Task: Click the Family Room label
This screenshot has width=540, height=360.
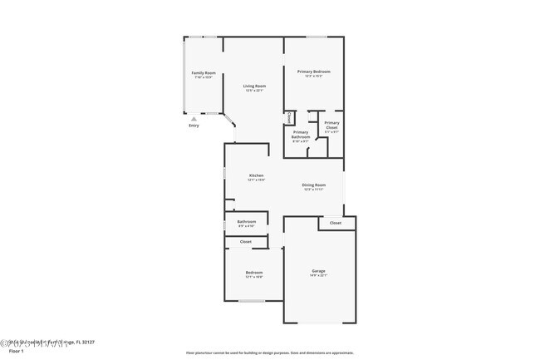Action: point(204,73)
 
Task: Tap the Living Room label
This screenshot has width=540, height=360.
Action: point(254,86)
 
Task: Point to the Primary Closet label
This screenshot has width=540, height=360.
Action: point(331,126)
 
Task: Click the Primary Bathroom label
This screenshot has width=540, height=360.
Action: point(301,135)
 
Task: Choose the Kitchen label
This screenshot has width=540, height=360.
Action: point(257,175)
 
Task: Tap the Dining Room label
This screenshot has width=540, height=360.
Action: point(313,185)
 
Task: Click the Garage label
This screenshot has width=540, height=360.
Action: point(318,271)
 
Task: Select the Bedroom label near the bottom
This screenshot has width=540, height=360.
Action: point(253,273)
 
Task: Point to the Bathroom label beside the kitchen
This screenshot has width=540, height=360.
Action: point(247,222)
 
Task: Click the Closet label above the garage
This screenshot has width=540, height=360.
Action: point(336,223)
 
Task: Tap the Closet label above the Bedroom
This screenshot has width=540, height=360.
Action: point(246,242)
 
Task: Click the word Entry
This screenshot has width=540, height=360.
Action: point(194,126)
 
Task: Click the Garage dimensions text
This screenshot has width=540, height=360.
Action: point(318,276)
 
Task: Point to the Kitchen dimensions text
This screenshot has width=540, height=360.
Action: point(257,180)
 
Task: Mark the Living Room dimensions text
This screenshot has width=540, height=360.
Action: point(254,91)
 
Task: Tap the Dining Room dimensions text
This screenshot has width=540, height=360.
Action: point(313,190)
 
